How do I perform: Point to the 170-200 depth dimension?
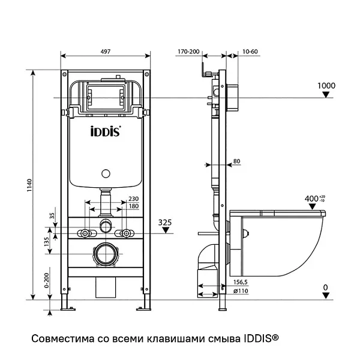coord(189,52)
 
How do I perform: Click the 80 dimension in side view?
coord(236,161)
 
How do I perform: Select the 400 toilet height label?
coord(312,198)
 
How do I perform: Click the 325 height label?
coord(165,223)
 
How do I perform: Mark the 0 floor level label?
coord(325,287)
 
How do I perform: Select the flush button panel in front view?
coord(106,96)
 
